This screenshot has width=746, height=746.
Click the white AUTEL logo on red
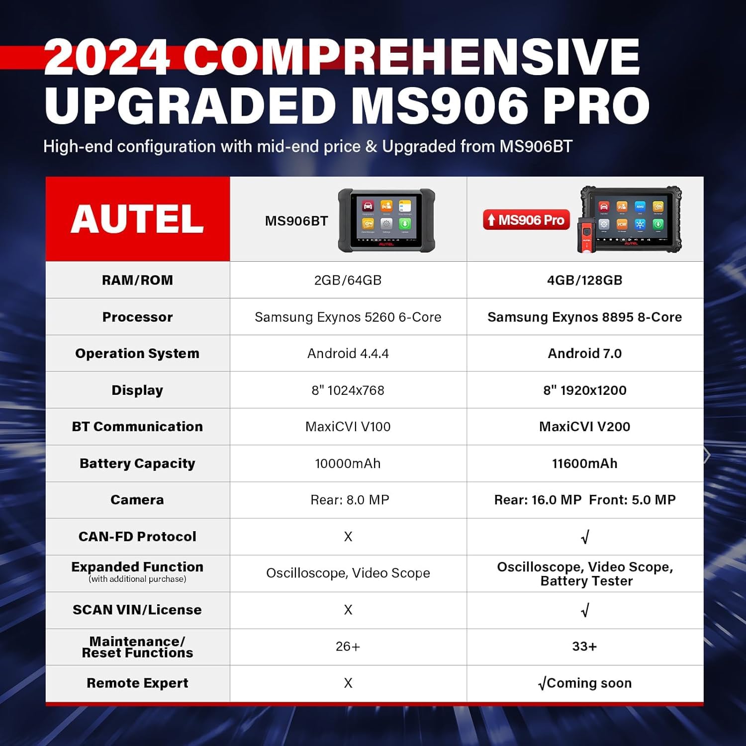(137, 219)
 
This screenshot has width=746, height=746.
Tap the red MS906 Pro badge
(526, 220)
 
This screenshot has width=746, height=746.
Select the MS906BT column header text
(296, 221)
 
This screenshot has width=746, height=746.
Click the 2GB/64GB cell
(348, 280)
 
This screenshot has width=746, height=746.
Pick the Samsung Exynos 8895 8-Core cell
(584, 317)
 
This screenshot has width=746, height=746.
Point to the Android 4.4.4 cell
(348, 354)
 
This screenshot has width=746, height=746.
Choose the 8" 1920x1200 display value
(584, 390)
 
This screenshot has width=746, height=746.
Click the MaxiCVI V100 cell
(348, 427)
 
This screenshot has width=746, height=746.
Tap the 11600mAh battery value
(584, 464)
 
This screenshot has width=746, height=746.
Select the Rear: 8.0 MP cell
(350, 500)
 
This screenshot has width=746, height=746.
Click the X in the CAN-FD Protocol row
(348, 537)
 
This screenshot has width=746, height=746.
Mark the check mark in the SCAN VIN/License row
(585, 610)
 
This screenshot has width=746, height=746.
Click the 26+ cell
(348, 647)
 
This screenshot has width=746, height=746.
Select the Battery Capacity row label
(137, 464)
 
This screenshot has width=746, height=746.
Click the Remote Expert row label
(137, 683)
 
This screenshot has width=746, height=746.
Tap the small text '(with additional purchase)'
(137, 579)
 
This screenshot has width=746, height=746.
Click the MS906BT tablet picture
(386, 220)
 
